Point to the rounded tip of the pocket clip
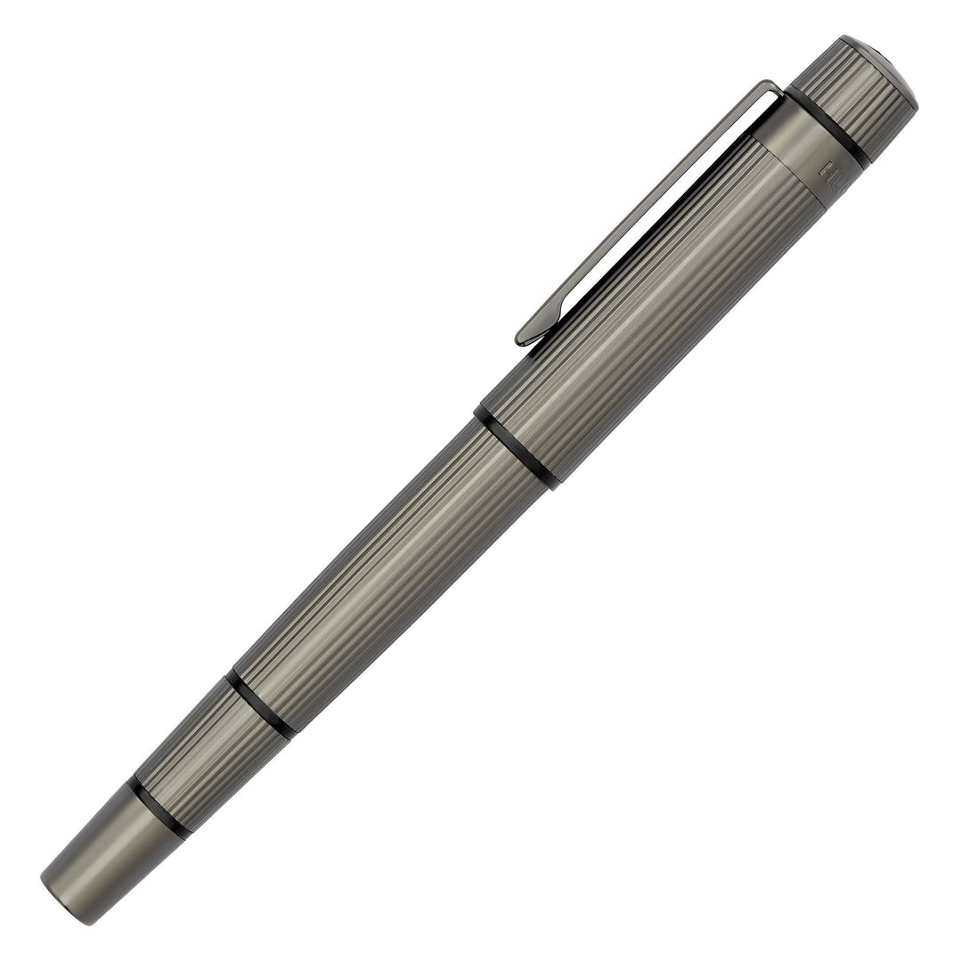click(x=525, y=338)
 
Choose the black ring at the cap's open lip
click(x=517, y=449)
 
